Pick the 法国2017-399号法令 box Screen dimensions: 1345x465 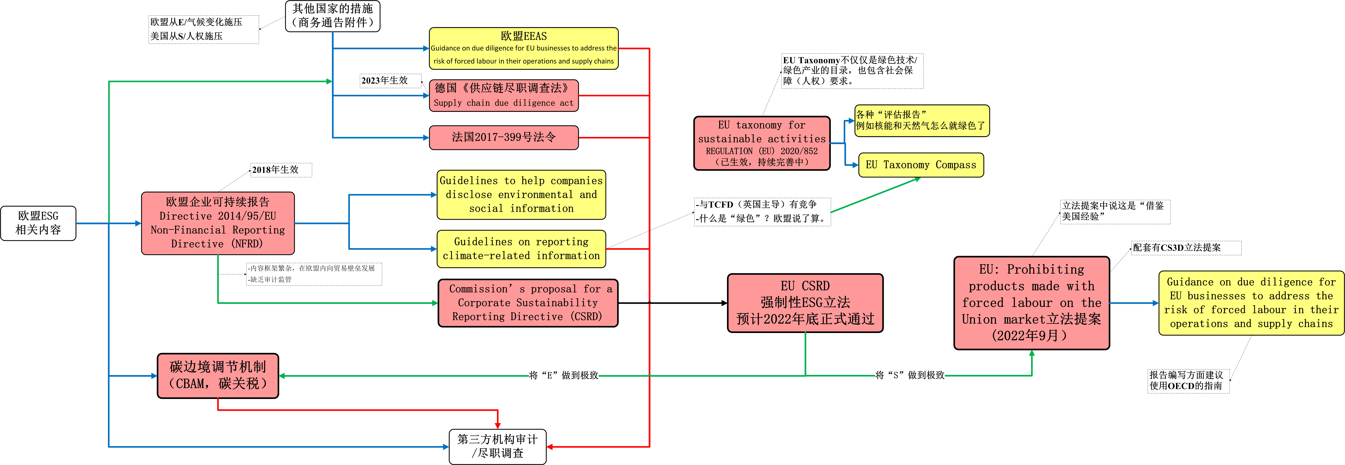click(x=504, y=137)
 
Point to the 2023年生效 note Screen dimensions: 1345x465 click(x=385, y=80)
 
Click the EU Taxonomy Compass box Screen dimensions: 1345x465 click(x=921, y=165)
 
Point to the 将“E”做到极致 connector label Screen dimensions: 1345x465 click(x=564, y=375)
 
